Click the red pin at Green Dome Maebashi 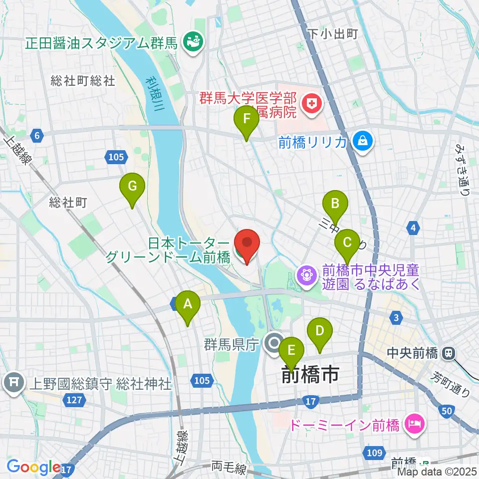[247, 245]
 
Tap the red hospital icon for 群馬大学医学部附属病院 [312, 104]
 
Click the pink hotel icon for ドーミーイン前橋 [413, 425]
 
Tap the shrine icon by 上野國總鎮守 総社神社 [13, 383]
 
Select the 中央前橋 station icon [449, 353]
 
